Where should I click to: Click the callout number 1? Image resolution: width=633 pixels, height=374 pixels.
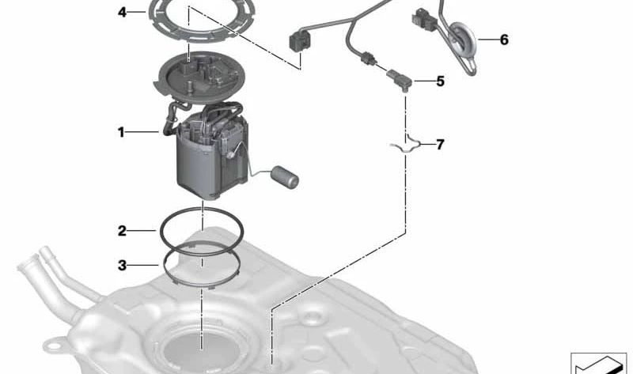121,132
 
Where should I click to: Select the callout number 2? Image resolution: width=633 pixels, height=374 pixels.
122,231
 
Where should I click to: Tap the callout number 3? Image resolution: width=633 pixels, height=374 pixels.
122,266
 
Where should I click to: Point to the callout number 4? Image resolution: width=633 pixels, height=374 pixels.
122,12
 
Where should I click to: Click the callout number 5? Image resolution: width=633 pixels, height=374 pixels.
440,81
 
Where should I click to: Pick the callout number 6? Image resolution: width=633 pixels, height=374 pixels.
504,40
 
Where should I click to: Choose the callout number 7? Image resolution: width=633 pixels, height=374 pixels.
440,144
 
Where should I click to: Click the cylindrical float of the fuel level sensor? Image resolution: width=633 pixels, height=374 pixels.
285,176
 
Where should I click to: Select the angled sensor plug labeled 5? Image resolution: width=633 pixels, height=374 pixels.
400,80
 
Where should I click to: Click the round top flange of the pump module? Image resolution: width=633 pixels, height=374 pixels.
201,77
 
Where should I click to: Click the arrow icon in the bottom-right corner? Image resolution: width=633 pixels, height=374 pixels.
598,365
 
